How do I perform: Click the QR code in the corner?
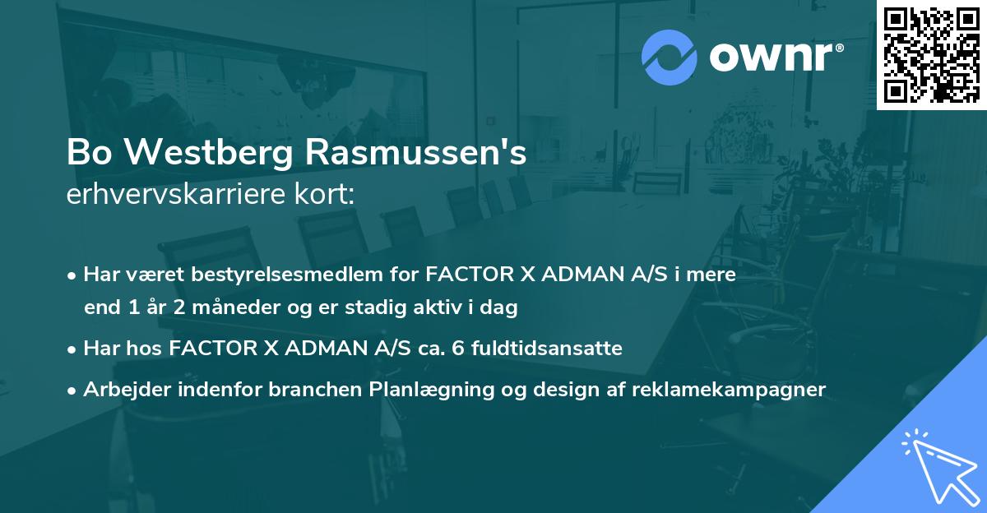931,54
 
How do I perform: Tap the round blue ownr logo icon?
668,57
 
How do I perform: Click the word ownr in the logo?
773,57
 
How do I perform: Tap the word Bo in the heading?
88,153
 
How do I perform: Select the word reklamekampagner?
729,390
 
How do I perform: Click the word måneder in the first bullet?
216,307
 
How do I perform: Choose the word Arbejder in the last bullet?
123,390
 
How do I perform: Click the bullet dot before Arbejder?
73,391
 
